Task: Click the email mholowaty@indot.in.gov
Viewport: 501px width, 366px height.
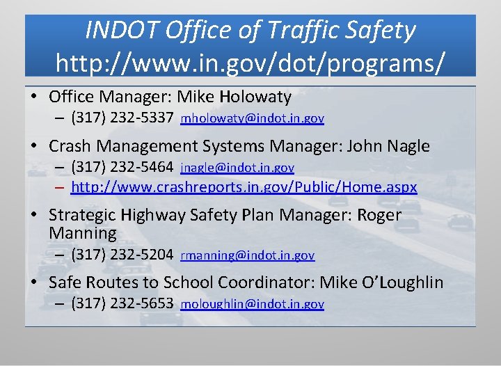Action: (x=252, y=119)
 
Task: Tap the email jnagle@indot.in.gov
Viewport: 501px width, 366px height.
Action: (x=237, y=168)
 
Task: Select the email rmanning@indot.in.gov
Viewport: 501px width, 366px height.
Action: (x=248, y=255)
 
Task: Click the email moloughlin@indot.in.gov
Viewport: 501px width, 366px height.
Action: (x=252, y=304)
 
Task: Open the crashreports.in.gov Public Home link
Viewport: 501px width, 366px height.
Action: (x=244, y=187)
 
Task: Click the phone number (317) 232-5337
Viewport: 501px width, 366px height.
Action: (x=122, y=118)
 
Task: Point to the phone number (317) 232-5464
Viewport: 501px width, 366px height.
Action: (x=122, y=167)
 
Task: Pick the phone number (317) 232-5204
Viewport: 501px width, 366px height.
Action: (x=122, y=255)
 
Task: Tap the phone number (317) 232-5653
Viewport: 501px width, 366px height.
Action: (x=122, y=303)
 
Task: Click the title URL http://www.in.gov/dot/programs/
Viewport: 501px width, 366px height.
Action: (x=250, y=62)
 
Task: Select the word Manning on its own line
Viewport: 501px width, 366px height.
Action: (x=83, y=232)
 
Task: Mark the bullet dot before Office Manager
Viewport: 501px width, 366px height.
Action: (x=34, y=97)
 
